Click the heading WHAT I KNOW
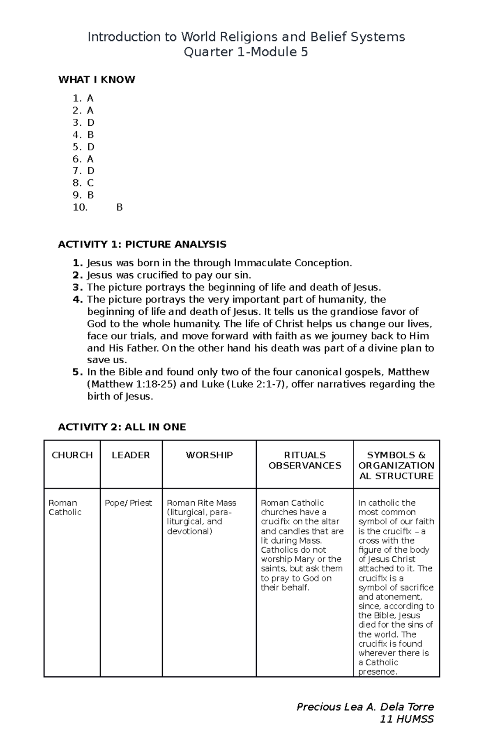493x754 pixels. coord(97,80)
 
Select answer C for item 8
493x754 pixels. coord(90,183)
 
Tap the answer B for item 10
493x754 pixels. coord(120,207)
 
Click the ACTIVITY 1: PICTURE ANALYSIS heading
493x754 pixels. coord(142,244)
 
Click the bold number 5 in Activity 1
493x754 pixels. coord(76,372)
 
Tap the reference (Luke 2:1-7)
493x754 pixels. coord(257,385)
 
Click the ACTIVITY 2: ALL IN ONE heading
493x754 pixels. coord(122,427)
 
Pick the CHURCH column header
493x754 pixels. coord(72,455)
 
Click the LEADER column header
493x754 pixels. coord(131,455)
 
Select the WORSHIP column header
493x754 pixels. coord(209,455)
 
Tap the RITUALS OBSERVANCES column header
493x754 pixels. coord(305,460)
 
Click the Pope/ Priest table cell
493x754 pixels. coord(128,503)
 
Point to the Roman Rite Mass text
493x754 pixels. coord(202,503)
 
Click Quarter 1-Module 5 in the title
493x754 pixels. coord(246,53)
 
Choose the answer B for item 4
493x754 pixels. coord(90,135)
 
